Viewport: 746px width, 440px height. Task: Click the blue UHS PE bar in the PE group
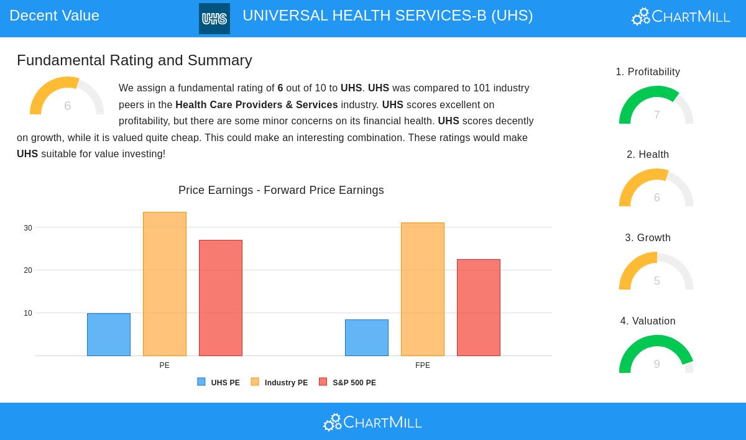pyautogui.click(x=109, y=334)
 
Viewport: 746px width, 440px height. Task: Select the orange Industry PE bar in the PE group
pyautogui.click(x=165, y=284)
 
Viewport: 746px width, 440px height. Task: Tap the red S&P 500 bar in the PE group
pyautogui.click(x=221, y=298)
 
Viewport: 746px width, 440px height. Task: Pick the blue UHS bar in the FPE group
pyautogui.click(x=367, y=337)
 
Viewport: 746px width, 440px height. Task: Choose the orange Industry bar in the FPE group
pyautogui.click(x=423, y=289)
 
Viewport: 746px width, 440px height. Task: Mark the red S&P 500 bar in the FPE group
pyautogui.click(x=479, y=308)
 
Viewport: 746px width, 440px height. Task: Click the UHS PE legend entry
pyautogui.click(x=219, y=383)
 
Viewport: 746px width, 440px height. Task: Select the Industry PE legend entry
pyautogui.click(x=280, y=383)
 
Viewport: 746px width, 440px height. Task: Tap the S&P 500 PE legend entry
pyautogui.click(x=348, y=383)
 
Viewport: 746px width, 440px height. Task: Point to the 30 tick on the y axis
pyautogui.click(x=28, y=228)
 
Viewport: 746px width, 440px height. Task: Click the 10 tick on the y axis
pyautogui.click(x=28, y=313)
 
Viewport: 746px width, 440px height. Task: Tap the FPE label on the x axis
pyautogui.click(x=423, y=365)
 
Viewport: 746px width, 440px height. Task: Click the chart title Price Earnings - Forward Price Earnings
pyautogui.click(x=281, y=190)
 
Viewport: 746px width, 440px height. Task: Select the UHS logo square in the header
pyautogui.click(x=214, y=19)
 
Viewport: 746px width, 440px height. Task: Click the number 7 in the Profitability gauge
pyautogui.click(x=656, y=115)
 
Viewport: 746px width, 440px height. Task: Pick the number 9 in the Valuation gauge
pyautogui.click(x=656, y=364)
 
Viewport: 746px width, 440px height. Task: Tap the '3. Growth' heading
pyautogui.click(x=648, y=238)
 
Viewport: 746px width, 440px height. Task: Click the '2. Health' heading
pyautogui.click(x=648, y=155)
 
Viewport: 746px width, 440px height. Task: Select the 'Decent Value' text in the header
pyautogui.click(x=54, y=16)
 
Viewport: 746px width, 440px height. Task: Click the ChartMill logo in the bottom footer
pyautogui.click(x=372, y=423)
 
